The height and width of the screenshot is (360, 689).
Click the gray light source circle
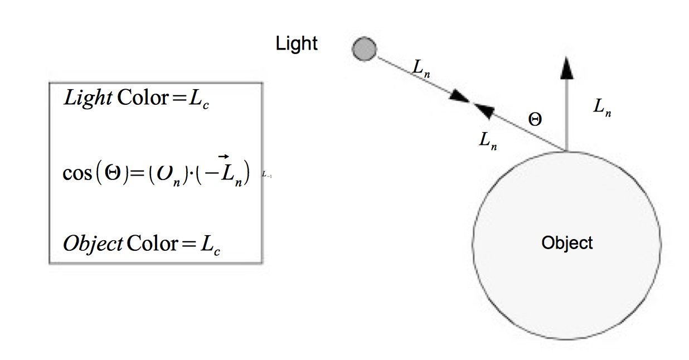tap(364, 48)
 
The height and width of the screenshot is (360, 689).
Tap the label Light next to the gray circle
tap(297, 43)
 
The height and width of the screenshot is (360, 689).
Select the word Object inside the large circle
tap(567, 243)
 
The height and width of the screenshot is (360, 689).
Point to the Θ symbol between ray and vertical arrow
tap(535, 119)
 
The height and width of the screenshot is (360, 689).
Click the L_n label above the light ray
tap(422, 67)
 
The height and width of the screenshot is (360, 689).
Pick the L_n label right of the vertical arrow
tap(602, 108)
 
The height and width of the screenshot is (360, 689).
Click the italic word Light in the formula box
tap(88, 98)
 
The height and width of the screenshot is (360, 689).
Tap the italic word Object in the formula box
tap(93, 244)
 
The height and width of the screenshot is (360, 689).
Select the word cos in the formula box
tap(76, 172)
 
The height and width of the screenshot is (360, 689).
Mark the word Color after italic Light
tap(142, 98)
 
